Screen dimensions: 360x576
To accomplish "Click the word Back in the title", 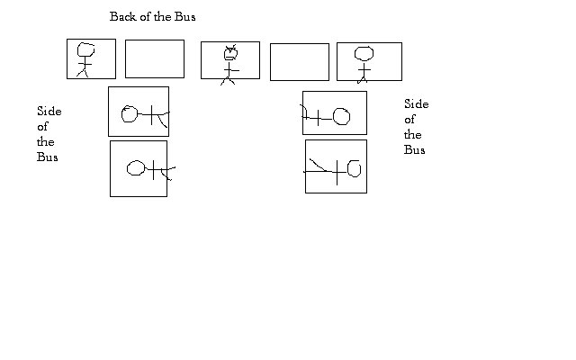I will (123, 17).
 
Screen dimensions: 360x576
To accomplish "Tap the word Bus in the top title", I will (184, 17).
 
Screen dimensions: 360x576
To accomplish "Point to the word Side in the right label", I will (416, 104).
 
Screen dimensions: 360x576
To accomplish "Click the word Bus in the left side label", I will (48, 157).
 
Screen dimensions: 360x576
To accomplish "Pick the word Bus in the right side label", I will (415, 150).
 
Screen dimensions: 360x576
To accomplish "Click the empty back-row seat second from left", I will (154, 58).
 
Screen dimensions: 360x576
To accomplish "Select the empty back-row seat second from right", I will (299, 61).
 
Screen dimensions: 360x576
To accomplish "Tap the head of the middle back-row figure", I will (230, 54).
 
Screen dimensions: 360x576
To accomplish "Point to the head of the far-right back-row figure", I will (364, 53).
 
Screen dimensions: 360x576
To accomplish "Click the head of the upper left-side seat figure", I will (130, 113).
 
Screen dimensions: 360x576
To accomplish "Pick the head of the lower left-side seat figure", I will (136, 168).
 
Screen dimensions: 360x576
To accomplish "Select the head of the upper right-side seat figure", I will (342, 116).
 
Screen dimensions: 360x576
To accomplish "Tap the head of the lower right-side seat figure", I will (353, 168).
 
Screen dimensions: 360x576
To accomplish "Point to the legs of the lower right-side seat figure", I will (317, 166).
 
